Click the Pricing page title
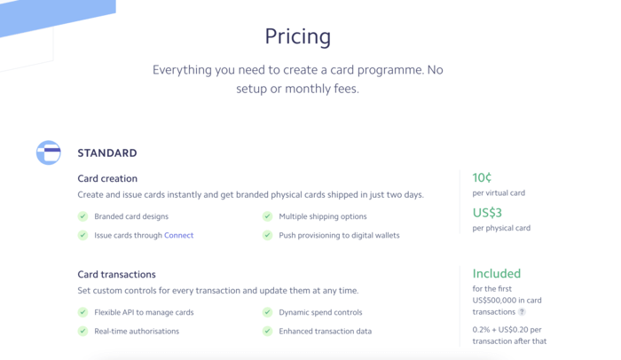click(297, 36)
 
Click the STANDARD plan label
click(107, 153)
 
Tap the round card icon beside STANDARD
click(49, 153)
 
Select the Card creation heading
click(107, 178)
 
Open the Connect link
click(178, 236)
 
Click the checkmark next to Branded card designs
click(83, 216)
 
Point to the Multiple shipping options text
click(322, 216)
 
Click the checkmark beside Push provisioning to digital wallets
click(267, 236)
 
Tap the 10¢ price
click(482, 177)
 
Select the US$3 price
click(487, 213)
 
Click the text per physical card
click(501, 228)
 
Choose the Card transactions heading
click(116, 275)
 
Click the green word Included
click(496, 274)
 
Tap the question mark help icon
click(522, 312)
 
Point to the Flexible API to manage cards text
click(144, 312)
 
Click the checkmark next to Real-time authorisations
click(83, 332)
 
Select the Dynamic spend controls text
click(320, 312)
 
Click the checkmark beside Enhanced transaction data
click(267, 332)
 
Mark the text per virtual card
click(499, 192)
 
